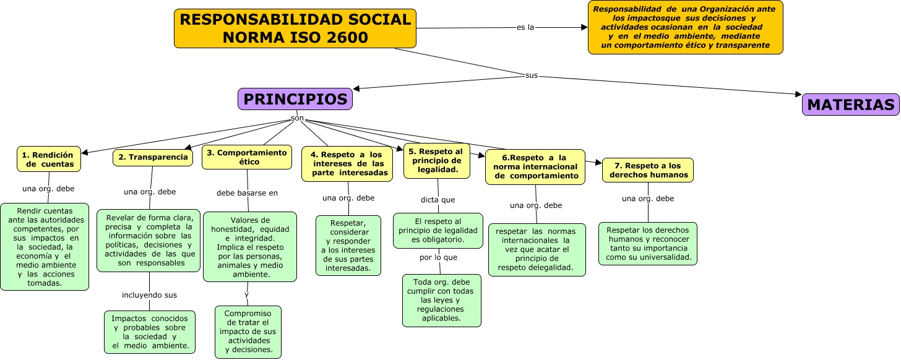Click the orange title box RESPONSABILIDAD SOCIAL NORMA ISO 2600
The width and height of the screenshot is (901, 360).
click(x=295, y=28)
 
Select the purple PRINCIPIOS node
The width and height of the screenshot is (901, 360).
click(x=295, y=99)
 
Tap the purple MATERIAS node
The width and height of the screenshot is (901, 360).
click(x=851, y=105)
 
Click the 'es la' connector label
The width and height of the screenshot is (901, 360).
click(x=525, y=27)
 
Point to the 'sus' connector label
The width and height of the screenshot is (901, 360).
click(x=531, y=75)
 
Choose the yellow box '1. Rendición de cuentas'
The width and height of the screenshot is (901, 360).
click(x=49, y=159)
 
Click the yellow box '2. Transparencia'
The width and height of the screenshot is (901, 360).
click(x=153, y=157)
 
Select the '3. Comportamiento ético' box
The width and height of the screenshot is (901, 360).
click(x=246, y=157)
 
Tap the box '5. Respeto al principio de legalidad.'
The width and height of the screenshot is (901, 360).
click(x=437, y=160)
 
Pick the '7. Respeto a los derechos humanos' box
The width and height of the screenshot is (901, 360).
click(x=648, y=170)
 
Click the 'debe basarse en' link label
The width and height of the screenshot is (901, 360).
click(x=247, y=193)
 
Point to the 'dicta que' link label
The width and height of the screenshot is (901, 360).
click(x=438, y=200)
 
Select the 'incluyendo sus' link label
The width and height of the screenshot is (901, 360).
click(x=149, y=295)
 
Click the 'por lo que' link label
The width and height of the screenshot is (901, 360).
click(x=438, y=257)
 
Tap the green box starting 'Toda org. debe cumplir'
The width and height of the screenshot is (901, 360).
click(x=441, y=300)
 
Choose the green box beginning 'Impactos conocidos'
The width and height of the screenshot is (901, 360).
click(x=150, y=332)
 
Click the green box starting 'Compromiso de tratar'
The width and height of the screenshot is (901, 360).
click(x=248, y=332)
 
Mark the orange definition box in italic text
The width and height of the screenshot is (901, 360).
click(x=685, y=27)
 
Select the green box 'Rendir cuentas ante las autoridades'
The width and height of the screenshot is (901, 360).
click(x=45, y=246)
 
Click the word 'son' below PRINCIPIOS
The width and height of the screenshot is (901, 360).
click(x=297, y=118)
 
